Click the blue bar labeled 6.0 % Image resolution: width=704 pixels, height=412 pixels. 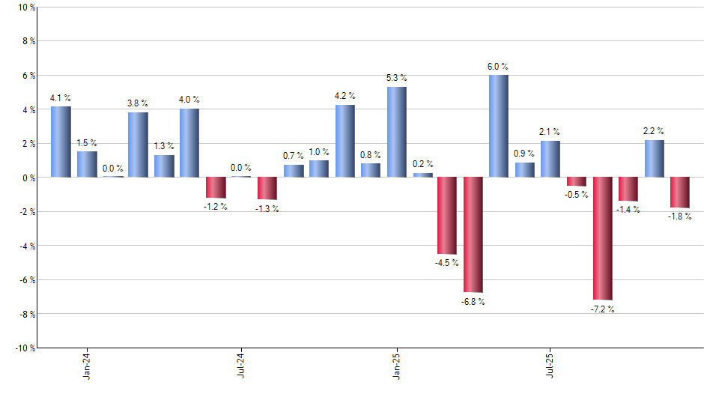pos(499,126)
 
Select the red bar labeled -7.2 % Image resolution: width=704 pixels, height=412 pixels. pos(603,238)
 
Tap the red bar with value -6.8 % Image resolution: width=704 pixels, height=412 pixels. pos(473,234)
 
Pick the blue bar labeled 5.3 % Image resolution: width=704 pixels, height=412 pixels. pos(397,132)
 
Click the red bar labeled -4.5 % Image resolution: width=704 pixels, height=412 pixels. pos(447,216)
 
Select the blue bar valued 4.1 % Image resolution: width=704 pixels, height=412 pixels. pos(61,142)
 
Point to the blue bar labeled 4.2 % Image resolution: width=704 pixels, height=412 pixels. pos(345,141)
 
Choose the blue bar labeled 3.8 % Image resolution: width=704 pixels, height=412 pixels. pos(138,145)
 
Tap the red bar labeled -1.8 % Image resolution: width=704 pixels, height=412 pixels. pos(680,193)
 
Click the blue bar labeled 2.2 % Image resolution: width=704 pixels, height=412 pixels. pos(654,158)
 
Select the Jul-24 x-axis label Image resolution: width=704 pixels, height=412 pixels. pos(241,364)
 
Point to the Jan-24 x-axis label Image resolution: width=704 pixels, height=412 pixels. pos(87,364)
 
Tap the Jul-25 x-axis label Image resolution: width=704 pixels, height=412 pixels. pos(550,364)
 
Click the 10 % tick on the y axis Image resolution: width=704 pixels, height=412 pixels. pos(25,7)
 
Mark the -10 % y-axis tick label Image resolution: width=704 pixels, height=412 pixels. pos(24,348)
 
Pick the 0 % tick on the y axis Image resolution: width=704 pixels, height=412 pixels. pos(28,178)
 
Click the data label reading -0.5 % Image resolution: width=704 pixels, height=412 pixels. pos(577,195)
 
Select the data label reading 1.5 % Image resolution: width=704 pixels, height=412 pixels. pos(87,143)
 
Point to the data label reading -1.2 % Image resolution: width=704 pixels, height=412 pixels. pos(215,206)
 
